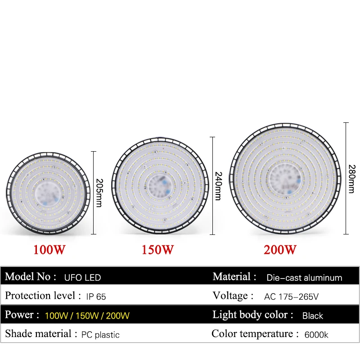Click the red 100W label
[50, 250]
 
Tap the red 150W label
[158, 250]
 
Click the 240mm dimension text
[218, 186]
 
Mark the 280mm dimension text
[351, 179]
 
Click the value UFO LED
[82, 277]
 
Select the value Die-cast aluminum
[304, 278]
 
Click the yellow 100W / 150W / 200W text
[87, 316]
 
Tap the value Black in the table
[312, 316]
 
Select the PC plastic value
[100, 335]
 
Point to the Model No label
[31, 277]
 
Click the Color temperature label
[255, 334]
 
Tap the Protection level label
[40, 296]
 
